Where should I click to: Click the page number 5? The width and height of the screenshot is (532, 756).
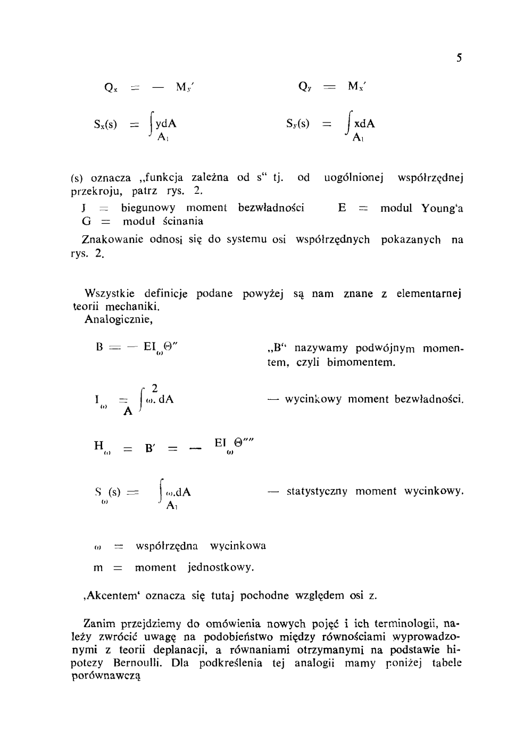[459, 58]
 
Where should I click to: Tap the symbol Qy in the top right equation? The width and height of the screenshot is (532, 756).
[305, 87]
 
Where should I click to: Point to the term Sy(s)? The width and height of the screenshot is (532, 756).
[297, 124]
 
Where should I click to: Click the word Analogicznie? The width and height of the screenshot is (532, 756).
[118, 320]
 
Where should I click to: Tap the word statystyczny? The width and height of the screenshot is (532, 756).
[317, 491]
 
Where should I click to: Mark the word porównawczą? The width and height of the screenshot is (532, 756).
[106, 677]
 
